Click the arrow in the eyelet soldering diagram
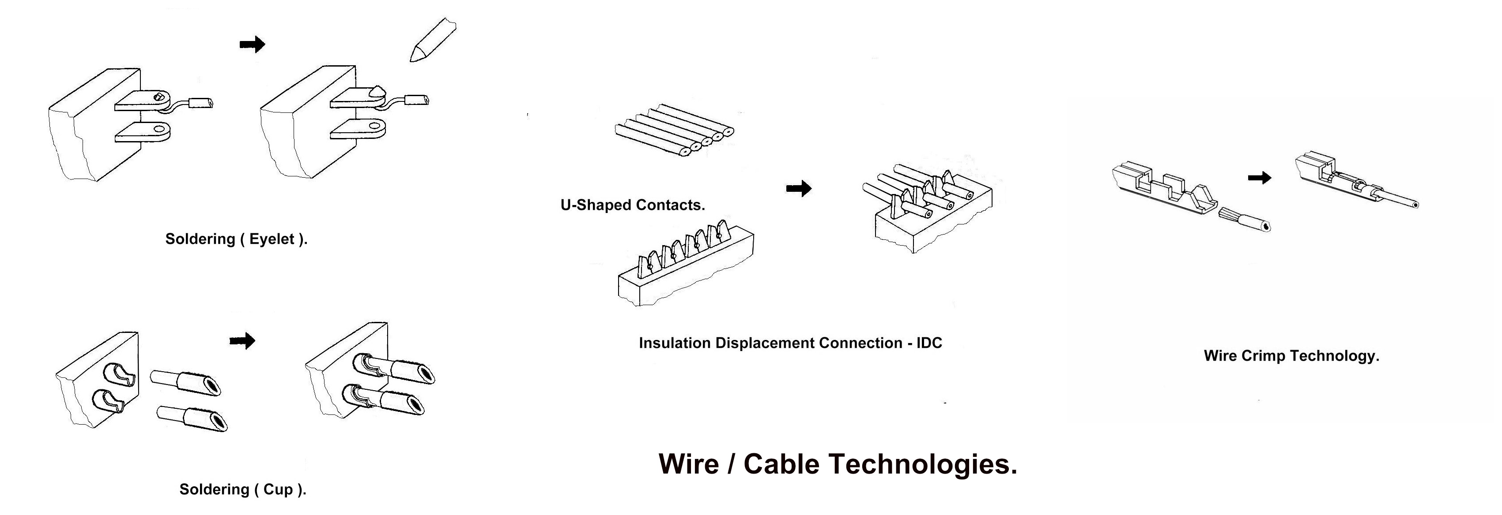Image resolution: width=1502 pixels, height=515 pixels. point(253,44)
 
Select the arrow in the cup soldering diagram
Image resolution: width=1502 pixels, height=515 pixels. point(242,341)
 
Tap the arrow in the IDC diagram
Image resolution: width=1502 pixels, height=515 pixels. point(799,188)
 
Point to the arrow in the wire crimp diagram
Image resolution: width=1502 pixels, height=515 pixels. point(1260,178)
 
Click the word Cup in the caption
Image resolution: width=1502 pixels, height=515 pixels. point(279,489)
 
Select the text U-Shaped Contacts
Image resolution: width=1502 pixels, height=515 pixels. point(633,205)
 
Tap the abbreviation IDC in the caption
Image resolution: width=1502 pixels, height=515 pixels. point(929,343)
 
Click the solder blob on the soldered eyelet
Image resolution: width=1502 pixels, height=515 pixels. point(376,91)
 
